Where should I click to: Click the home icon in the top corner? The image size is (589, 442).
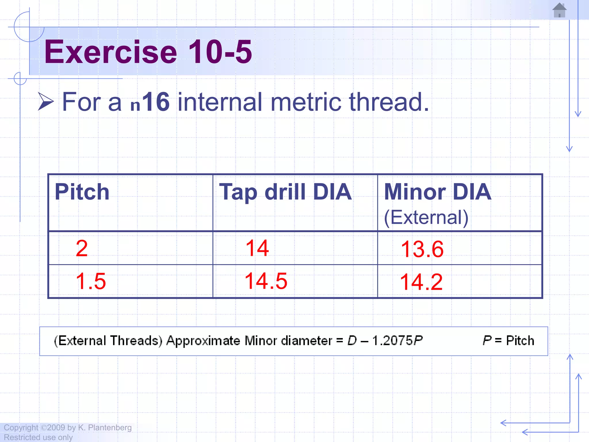[x=559, y=11]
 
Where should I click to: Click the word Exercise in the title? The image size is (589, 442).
[x=110, y=52]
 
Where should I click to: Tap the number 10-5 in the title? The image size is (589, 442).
[x=220, y=52]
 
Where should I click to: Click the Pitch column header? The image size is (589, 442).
[x=82, y=192]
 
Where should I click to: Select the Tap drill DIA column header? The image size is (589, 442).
[x=285, y=192]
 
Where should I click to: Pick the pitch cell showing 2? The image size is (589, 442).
[x=82, y=248]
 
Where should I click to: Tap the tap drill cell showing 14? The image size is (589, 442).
[x=257, y=248]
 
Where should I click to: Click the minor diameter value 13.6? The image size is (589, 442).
[x=422, y=249]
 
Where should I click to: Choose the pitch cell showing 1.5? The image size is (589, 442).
[x=91, y=281]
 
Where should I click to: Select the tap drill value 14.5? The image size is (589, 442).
[x=266, y=281]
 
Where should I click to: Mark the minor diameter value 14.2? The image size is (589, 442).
[x=421, y=282]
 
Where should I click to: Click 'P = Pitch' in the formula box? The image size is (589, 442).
[x=508, y=341]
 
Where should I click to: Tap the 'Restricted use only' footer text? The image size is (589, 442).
[x=38, y=437]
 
